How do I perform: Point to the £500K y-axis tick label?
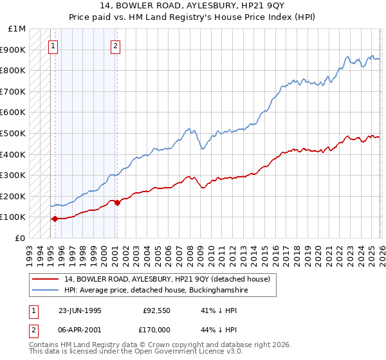click(x=13, y=134)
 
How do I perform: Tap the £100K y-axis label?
click(x=13, y=217)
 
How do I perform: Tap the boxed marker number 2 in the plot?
click(x=115, y=46)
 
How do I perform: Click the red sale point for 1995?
click(x=55, y=219)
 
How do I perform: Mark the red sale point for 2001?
click(x=116, y=203)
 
